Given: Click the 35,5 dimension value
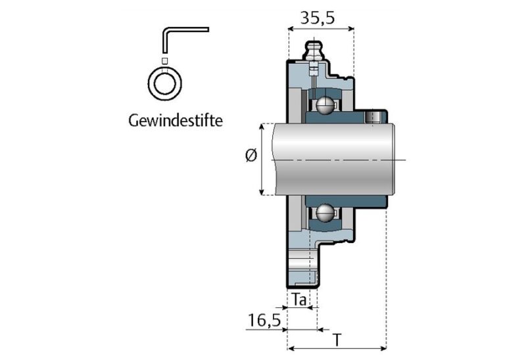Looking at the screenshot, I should coord(318,18).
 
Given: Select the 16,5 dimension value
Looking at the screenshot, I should coord(264,321).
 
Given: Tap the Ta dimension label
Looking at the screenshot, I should coord(300,300).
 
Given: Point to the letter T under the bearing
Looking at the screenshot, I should coord(337,340).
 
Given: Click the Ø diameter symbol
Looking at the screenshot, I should coord(250,157).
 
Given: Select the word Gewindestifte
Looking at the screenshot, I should coord(176,121).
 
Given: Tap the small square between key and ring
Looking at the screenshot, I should coord(165,60).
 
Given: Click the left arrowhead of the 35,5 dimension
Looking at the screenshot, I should coord(291,29).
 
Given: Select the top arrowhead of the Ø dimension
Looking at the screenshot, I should coord(263,126).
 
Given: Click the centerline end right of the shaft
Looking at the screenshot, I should coord(406,160).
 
